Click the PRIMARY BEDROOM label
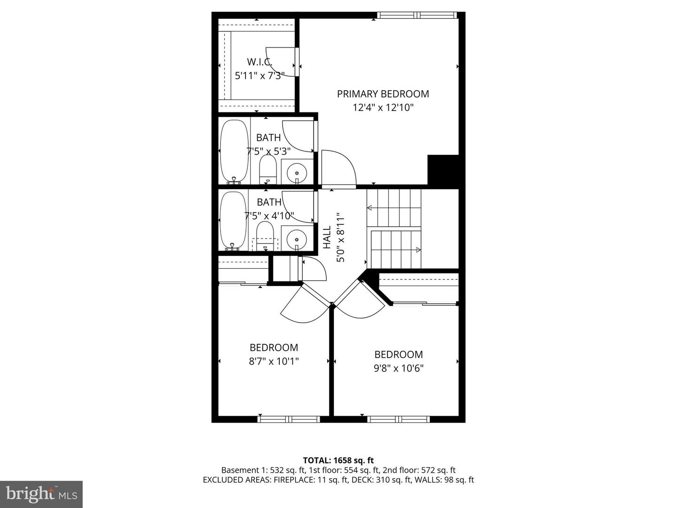click(383, 94)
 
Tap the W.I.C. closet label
click(260, 62)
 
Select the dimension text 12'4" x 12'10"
click(383, 108)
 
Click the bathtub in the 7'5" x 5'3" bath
click(234, 151)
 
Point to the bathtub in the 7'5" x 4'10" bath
click(233, 220)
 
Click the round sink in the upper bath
click(297, 172)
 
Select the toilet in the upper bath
click(268, 170)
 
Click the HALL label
click(327, 237)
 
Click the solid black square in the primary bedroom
click(442, 170)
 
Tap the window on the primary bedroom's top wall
click(417, 16)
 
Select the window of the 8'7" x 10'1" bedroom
click(289, 419)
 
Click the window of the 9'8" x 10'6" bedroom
click(398, 419)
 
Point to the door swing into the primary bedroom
click(338, 168)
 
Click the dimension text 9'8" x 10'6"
click(398, 368)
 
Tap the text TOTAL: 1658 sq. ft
click(338, 460)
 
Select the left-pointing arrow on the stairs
click(370, 207)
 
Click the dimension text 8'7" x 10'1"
click(274, 361)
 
